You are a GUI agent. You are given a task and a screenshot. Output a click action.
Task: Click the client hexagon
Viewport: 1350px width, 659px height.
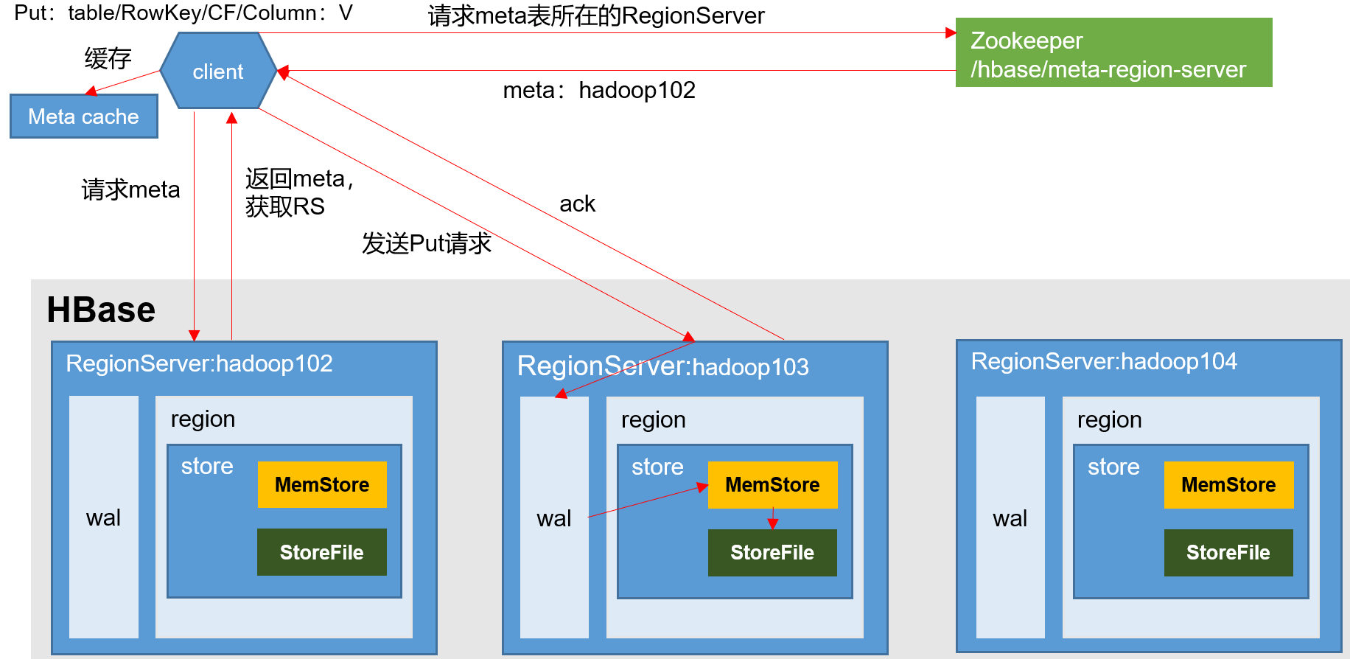218,72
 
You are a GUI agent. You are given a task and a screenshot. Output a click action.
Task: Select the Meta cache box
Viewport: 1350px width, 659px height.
83,116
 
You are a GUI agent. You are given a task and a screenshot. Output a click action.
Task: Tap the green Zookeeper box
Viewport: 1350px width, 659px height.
1113,53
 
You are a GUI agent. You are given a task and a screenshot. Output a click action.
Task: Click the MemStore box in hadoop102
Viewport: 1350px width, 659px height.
322,484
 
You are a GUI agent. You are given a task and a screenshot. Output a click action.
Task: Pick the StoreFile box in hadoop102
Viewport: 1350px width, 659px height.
322,552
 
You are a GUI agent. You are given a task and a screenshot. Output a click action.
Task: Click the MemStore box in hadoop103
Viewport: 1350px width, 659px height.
772,484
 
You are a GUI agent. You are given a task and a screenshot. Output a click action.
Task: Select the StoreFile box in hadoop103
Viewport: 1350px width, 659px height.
772,552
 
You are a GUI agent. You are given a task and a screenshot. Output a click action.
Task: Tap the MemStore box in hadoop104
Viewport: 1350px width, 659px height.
1228,484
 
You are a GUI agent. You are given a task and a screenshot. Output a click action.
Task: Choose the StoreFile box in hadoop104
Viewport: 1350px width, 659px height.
1228,552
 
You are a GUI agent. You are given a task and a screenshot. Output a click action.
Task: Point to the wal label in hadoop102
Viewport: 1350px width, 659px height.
103,517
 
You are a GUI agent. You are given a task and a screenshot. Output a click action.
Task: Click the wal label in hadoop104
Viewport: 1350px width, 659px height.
1010,518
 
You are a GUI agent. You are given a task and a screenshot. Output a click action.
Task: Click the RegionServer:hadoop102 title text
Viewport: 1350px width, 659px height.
199,363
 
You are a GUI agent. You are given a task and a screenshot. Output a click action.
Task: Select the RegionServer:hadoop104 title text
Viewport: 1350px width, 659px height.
1104,361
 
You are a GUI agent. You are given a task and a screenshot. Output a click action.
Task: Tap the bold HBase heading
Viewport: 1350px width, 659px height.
101,310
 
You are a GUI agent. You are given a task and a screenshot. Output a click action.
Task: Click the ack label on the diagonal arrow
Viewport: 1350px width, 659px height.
577,203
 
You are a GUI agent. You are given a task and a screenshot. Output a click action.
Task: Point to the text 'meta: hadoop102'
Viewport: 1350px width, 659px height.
599,90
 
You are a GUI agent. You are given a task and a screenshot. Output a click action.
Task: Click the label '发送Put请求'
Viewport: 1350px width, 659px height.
427,243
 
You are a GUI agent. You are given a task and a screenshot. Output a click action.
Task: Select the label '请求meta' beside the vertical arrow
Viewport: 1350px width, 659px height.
130,189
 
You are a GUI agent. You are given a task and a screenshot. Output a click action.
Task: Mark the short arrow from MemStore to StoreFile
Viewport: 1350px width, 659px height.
773,518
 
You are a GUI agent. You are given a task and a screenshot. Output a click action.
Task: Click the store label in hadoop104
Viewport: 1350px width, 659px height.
1113,466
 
